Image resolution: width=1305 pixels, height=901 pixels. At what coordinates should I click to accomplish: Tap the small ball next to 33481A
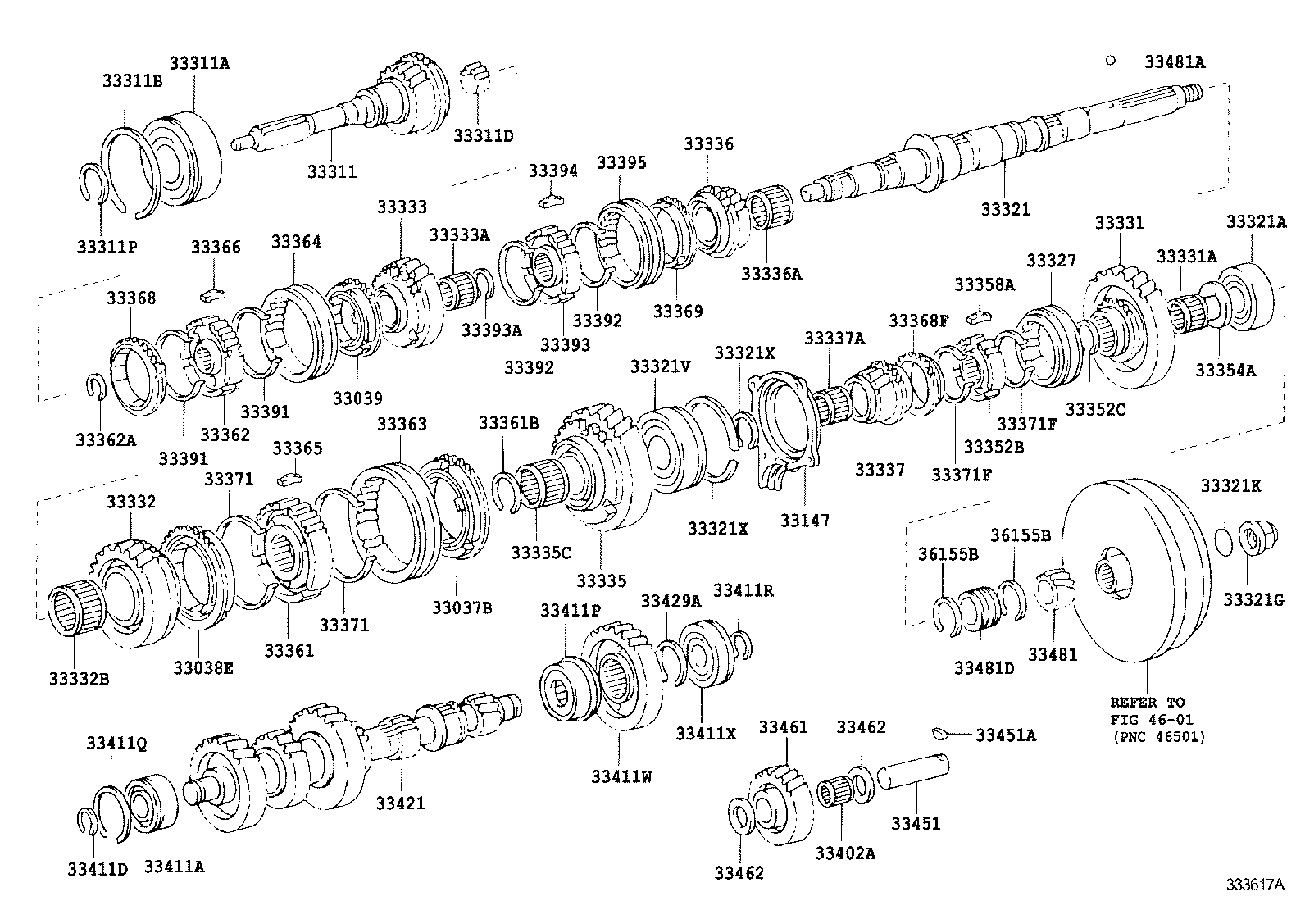coord(1111,60)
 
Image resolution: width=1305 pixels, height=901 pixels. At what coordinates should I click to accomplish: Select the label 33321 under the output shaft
coord(1005,209)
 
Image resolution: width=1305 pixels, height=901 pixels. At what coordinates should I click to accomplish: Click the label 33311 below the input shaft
coord(332,171)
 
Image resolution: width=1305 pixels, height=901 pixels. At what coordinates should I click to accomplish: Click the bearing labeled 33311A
coord(184,156)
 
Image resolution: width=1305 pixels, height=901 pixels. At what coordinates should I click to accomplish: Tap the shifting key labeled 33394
coord(553,198)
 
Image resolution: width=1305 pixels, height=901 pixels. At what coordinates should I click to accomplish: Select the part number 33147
coord(805,520)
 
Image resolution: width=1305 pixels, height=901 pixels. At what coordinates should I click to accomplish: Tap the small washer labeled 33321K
coord(1221,541)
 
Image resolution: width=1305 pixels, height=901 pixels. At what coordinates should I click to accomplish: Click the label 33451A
coord(1005,735)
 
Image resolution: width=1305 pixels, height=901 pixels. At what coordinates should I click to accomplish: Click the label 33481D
coord(984,667)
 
